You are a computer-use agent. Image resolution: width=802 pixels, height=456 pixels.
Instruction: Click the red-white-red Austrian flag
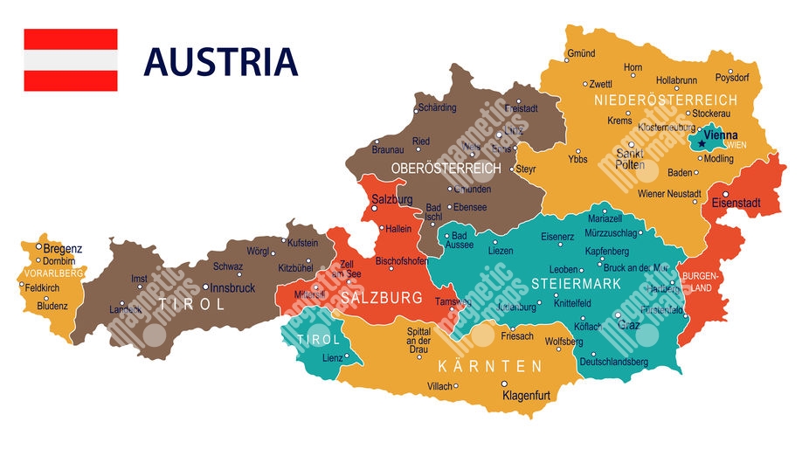[x=70, y=59]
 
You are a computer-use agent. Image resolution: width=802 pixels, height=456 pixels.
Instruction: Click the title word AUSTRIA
[x=220, y=62]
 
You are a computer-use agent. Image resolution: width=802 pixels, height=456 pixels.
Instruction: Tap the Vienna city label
[x=721, y=135]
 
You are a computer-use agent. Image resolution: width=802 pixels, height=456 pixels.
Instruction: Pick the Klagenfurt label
[x=526, y=396]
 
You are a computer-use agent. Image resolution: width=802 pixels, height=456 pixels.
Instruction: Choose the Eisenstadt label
[x=736, y=204]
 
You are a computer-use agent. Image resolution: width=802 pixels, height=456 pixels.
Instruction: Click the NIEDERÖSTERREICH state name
[x=665, y=100]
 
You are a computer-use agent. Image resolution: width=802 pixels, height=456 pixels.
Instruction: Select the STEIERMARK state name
[x=576, y=284]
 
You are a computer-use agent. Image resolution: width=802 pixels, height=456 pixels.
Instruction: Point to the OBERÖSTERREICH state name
[x=446, y=168]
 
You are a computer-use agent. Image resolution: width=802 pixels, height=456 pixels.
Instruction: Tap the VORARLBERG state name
[x=48, y=273]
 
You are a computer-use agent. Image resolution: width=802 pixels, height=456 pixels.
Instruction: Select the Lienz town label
[x=333, y=358]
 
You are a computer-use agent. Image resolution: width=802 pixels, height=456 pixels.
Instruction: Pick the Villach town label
[x=439, y=386]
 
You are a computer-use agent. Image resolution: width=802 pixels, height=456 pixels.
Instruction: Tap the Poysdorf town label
[x=732, y=77]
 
